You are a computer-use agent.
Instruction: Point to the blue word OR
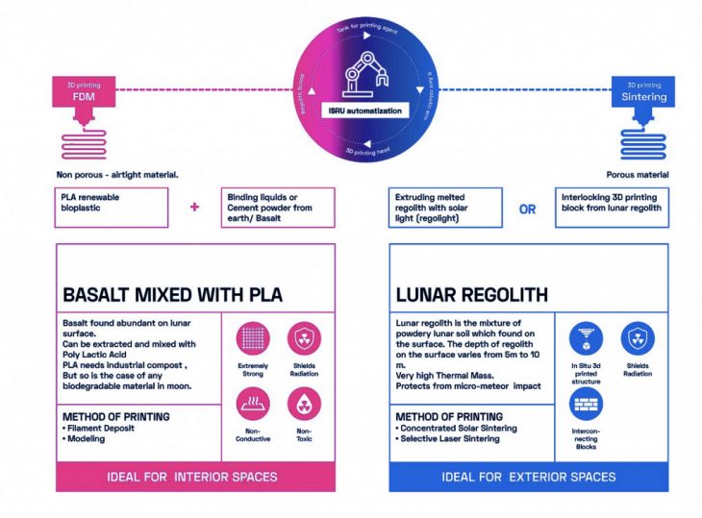click(527, 209)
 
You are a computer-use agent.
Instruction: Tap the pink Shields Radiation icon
click(304, 338)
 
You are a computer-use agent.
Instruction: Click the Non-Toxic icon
click(304, 403)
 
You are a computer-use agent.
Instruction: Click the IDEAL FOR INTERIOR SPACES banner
click(196, 477)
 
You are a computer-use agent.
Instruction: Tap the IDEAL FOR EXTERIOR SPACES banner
click(528, 477)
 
